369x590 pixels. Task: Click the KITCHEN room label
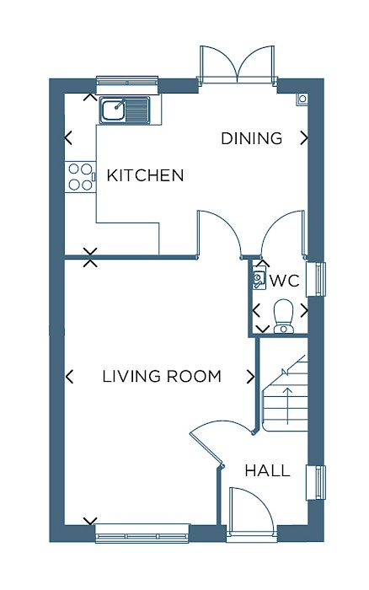(x=145, y=175)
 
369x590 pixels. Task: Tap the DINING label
(x=252, y=138)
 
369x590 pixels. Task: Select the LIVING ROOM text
(x=162, y=376)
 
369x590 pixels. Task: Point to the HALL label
(x=267, y=470)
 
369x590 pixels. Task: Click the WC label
(x=285, y=281)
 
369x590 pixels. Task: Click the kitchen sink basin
(x=112, y=110)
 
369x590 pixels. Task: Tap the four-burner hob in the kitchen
(x=80, y=177)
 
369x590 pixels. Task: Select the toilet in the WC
(x=284, y=316)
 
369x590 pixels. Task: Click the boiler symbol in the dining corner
(x=302, y=99)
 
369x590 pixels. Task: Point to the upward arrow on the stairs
(x=287, y=405)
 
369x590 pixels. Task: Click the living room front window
(x=142, y=534)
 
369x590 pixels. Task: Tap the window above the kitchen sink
(x=126, y=84)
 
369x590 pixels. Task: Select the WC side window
(x=316, y=279)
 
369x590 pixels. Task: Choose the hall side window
(x=316, y=482)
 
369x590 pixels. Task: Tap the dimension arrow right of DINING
(x=304, y=138)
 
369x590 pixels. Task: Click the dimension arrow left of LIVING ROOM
(x=69, y=376)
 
